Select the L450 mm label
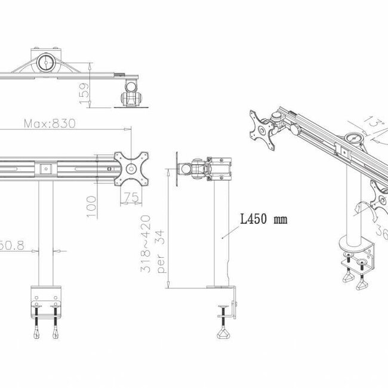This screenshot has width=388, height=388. (x=263, y=220)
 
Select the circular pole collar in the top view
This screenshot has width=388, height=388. (x=46, y=62)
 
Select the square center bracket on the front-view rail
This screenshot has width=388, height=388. (x=45, y=169)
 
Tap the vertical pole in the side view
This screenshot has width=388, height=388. (x=221, y=233)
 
